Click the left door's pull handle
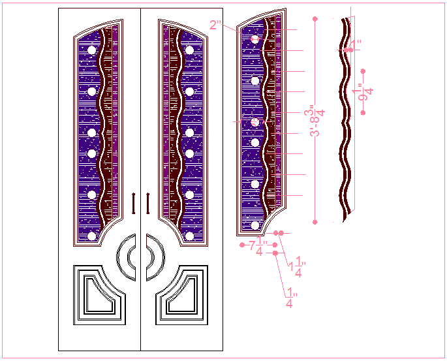tap(133, 203)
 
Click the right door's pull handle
tap(149, 203)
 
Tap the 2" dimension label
tap(215, 25)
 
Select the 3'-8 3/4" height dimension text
tap(317, 121)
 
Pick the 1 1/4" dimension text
tap(298, 266)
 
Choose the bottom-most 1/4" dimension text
tap(289, 297)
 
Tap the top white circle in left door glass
tap(91, 50)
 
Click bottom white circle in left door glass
tap(91, 236)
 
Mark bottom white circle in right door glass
tap(189, 236)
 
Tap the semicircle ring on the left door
tap(123, 257)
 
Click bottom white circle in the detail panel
tap(254, 225)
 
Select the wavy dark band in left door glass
tap(104, 131)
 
